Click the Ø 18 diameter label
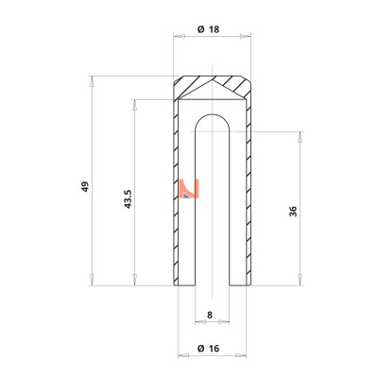point(208,29)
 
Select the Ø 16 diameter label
point(208,349)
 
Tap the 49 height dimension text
point(85,186)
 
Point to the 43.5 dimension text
point(128,198)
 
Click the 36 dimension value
point(293,211)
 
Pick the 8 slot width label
point(210,315)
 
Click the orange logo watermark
point(189,189)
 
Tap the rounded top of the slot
point(213,114)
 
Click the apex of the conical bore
point(213,80)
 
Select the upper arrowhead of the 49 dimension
point(92,81)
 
